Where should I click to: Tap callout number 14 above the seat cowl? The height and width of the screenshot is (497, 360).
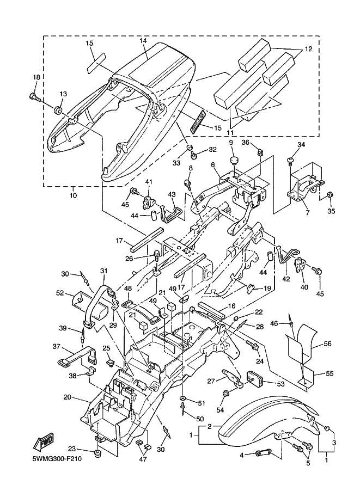143,41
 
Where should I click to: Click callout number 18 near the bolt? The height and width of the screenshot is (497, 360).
36,78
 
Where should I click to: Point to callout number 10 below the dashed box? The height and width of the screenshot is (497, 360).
73,194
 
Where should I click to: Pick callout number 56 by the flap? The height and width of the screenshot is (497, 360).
327,343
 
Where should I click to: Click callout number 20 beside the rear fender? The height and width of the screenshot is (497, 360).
68,397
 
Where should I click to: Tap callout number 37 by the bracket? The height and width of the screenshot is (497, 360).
57,346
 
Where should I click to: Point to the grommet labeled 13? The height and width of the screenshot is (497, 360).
58,112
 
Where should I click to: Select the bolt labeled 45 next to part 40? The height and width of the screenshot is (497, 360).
319,269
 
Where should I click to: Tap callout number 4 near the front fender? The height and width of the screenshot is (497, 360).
242,453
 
